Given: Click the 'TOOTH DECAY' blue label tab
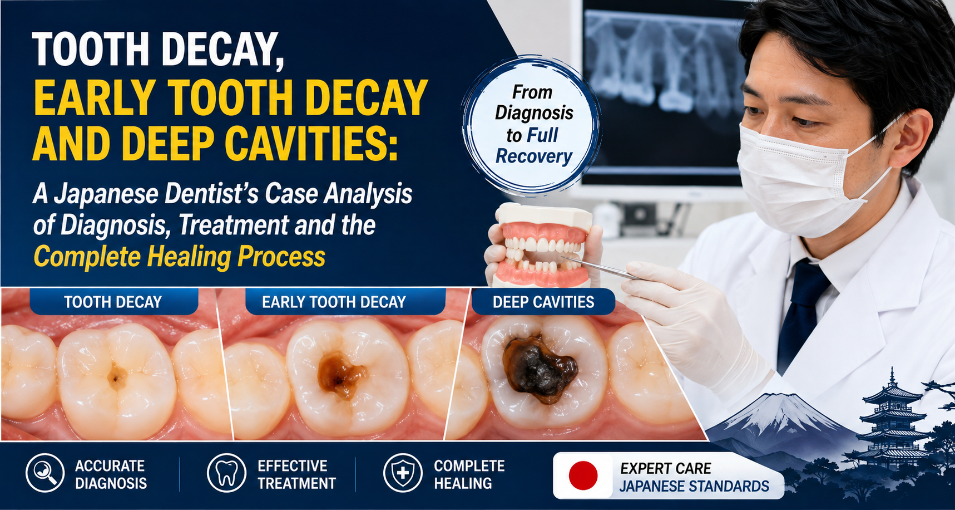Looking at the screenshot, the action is (x=113, y=302).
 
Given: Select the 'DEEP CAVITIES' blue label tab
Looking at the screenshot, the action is (x=543, y=302).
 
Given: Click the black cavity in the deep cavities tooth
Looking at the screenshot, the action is (x=538, y=367).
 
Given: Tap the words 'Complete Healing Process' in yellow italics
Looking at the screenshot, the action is (x=179, y=257).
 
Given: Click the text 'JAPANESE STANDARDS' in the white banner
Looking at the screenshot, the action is (x=694, y=486).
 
